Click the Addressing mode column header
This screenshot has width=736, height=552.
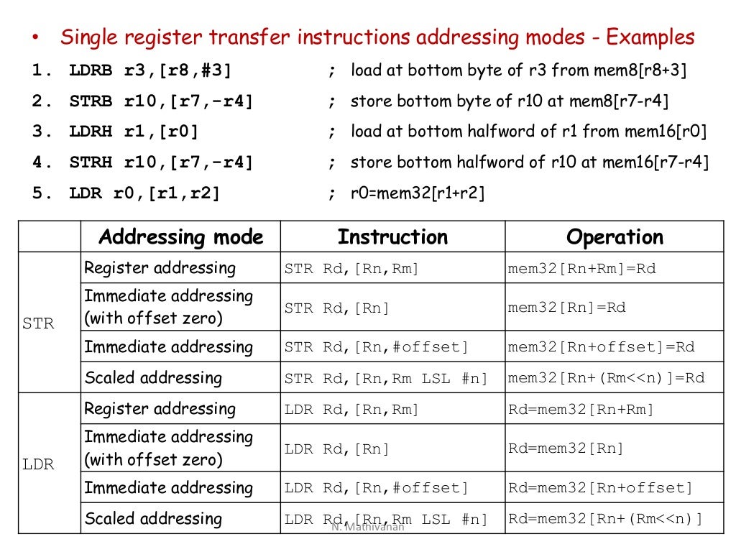pyautogui.click(x=180, y=236)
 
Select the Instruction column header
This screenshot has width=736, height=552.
pyautogui.click(x=392, y=236)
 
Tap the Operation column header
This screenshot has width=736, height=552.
pyautogui.click(x=615, y=236)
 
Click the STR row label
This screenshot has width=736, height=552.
pyautogui.click(x=38, y=323)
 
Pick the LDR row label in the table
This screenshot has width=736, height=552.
pyautogui.click(x=38, y=464)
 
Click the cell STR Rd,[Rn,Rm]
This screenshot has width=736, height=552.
pyautogui.click(x=351, y=270)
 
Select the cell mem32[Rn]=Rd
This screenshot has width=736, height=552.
pyautogui.click(x=566, y=308)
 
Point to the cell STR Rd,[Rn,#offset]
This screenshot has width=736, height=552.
pyautogui.click(x=376, y=348)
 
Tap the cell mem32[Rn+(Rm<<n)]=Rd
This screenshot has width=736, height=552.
pyautogui.click(x=606, y=378)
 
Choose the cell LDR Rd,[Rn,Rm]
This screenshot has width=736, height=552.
pyautogui.click(x=351, y=410)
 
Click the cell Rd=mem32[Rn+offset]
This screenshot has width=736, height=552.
pyautogui.click(x=600, y=489)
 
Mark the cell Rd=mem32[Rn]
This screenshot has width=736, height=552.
pyautogui.click(x=566, y=448)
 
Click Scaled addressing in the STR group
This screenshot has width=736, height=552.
pyautogui.click(x=153, y=378)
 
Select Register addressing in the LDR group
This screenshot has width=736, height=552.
pyautogui.click(x=160, y=409)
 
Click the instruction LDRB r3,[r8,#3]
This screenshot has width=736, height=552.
pyautogui.click(x=150, y=71)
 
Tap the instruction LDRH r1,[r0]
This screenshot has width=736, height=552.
pyautogui.click(x=134, y=132)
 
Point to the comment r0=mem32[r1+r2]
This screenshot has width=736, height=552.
pyautogui.click(x=418, y=193)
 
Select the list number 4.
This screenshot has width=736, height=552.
pyautogui.click(x=38, y=163)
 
